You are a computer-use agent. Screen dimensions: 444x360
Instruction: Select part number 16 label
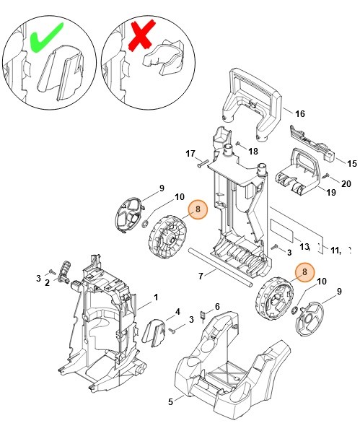click(300, 113)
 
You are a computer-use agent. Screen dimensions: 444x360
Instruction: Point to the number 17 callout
click(190, 154)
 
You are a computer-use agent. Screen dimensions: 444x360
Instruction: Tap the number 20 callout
click(346, 183)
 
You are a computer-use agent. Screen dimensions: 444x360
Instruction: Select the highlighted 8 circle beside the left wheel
click(198, 210)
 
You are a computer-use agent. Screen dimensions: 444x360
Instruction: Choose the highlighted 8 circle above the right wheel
click(304, 271)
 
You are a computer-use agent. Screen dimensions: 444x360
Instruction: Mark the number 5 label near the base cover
click(171, 401)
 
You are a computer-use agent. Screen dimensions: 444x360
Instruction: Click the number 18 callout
click(253, 151)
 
